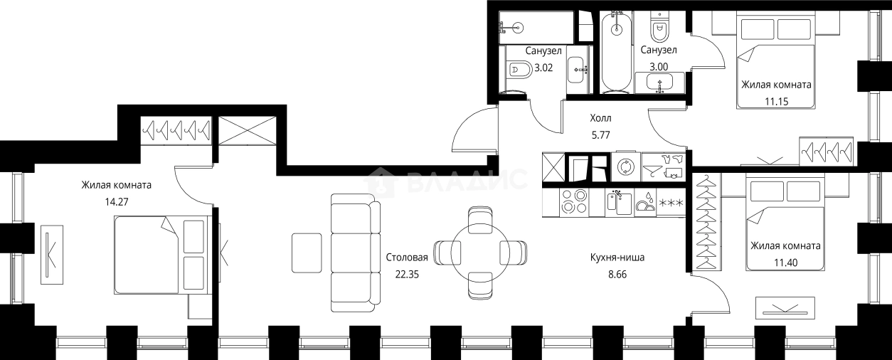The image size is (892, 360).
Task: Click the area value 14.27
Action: (x=116, y=202)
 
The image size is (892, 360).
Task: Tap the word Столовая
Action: (x=407, y=258)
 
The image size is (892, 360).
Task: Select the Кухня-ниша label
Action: (x=617, y=258)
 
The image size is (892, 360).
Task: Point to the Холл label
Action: (x=600, y=118)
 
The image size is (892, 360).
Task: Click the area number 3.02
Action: (x=543, y=68)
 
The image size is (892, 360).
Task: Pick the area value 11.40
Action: (x=786, y=263)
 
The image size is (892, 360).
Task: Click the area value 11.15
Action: (x=777, y=101)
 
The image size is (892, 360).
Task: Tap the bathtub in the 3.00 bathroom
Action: (x=616, y=52)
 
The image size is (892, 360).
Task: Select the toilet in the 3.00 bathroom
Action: (x=659, y=26)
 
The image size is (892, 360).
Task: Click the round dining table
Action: (x=480, y=253)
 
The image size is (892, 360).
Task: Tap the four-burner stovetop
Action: (x=574, y=202)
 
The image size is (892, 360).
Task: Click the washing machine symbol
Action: (x=626, y=167)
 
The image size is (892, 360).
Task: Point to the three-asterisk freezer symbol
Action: (x=671, y=203)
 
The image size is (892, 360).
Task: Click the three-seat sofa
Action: (x=356, y=253)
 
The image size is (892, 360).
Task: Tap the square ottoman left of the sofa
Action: (x=307, y=253)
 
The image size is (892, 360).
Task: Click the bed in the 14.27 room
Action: (x=162, y=255)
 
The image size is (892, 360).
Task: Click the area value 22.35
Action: (x=407, y=275)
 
